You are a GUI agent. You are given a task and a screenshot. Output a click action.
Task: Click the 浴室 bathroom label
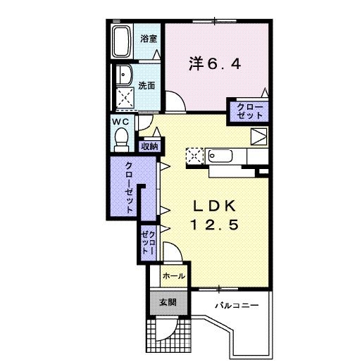[148, 37]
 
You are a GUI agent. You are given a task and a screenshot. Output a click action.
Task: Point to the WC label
[119, 121]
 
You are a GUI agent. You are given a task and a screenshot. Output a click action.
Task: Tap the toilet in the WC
[121, 138]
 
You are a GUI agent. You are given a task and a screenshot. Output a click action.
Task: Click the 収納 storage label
[149, 146]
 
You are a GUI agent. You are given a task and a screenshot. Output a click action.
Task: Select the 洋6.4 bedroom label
[215, 64]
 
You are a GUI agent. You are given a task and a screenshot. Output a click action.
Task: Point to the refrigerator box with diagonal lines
[258, 137]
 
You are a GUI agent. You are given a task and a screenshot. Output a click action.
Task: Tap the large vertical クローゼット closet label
[130, 187]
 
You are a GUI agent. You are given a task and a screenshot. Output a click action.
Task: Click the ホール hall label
[173, 276]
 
